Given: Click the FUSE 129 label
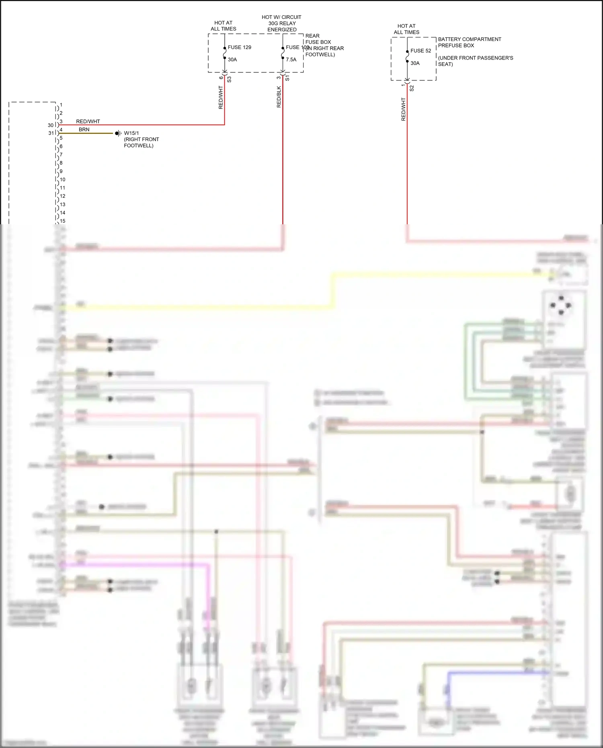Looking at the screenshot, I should point(239,47).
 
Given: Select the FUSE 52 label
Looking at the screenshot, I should point(420,51).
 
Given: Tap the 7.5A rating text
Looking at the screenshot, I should point(291,59).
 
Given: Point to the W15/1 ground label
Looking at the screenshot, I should point(131,133).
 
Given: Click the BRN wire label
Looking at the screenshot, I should point(84,129).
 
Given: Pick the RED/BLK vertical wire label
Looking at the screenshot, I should point(279,97).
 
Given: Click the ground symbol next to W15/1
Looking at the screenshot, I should point(118,133).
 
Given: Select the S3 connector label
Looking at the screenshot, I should point(229,80).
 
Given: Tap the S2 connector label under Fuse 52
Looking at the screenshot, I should point(412,88).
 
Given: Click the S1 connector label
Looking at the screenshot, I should point(287,78).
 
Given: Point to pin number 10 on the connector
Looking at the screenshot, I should point(62,180).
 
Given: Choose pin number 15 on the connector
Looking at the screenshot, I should point(62,221).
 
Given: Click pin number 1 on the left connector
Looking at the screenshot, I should point(61,105).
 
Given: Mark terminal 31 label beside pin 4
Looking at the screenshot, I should point(51,133).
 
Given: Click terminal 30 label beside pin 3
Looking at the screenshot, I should point(51,125).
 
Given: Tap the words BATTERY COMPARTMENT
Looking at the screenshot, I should point(470,39).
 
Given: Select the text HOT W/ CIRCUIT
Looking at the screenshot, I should point(281,17).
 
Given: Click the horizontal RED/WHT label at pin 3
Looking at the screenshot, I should point(88,121).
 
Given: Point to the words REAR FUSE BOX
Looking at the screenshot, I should point(318,39).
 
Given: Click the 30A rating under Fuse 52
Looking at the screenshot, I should point(415,63).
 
